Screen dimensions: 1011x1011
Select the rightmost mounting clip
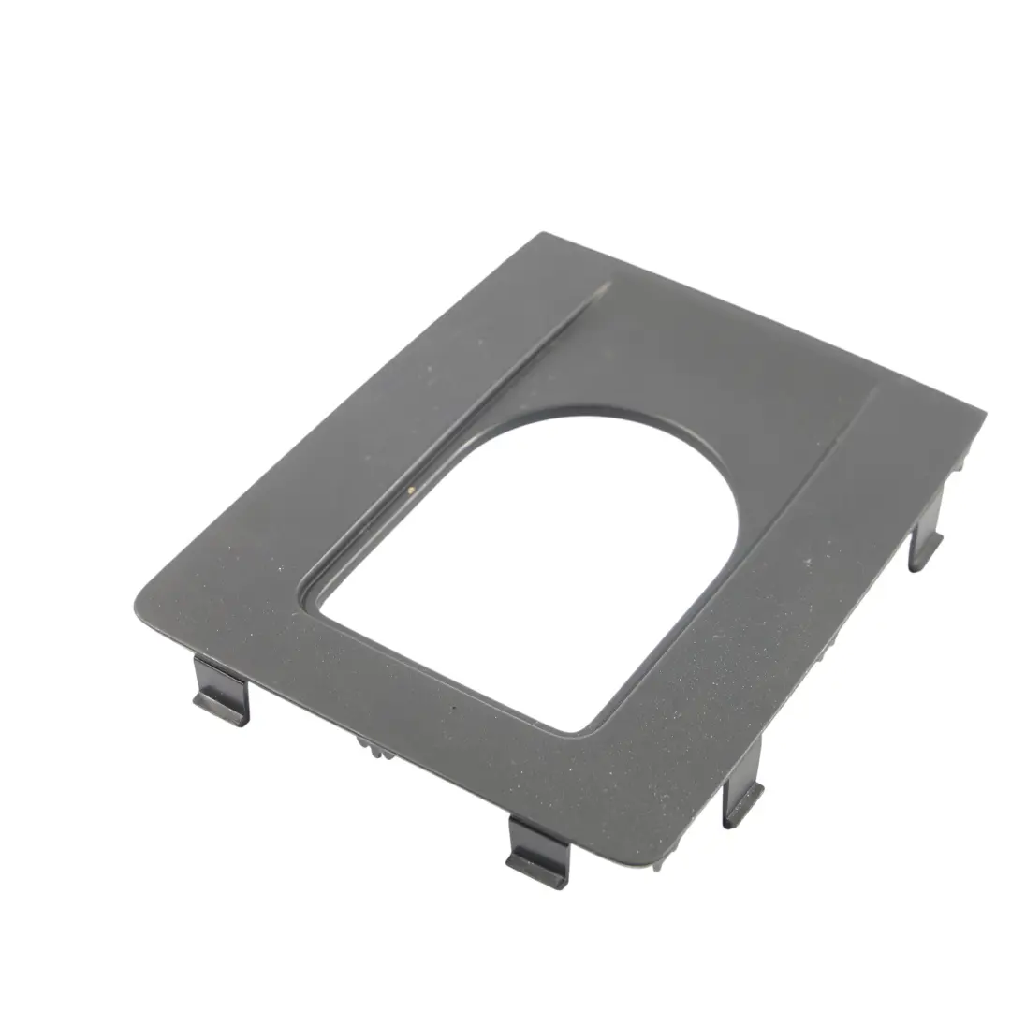(924, 549)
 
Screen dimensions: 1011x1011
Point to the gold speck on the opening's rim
(410, 488)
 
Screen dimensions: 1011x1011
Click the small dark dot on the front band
(455, 709)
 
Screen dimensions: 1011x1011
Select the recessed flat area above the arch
(711, 356)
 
